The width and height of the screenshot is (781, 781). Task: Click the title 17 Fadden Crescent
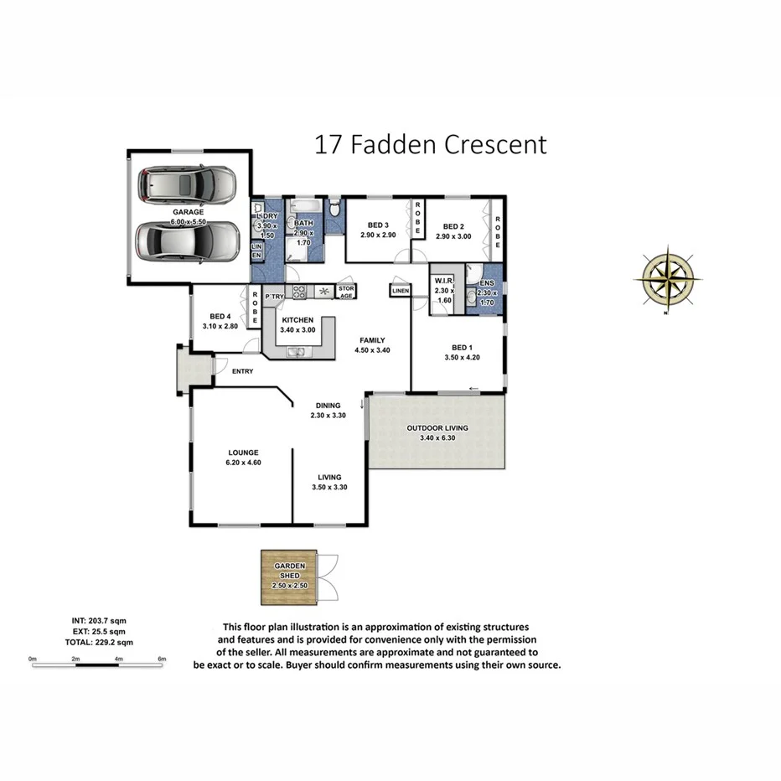coord(431,144)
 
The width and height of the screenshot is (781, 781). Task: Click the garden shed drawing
coord(290,577)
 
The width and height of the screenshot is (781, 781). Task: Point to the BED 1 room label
coord(461,347)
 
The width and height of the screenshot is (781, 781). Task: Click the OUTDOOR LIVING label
coord(437,428)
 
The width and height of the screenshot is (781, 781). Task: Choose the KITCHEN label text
coord(297,320)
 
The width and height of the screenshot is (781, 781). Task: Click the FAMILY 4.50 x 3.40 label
coord(372,345)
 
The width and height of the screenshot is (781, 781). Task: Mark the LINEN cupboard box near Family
coord(399,291)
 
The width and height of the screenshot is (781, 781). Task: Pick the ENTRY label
coord(243,371)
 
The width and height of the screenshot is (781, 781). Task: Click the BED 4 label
coord(220,316)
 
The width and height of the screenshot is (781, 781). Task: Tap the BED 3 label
coord(379,225)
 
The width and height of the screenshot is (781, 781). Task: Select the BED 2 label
coord(453,226)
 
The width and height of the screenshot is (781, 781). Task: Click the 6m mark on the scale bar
coord(163,659)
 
